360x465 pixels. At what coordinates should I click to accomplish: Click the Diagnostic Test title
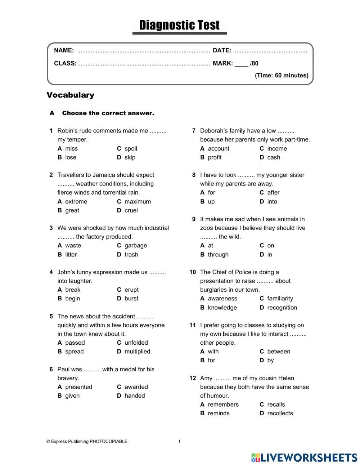[x=179, y=25]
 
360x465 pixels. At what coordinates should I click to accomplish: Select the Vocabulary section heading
[x=70, y=95]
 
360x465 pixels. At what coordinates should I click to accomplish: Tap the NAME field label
[x=64, y=50]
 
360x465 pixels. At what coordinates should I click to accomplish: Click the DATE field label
[x=222, y=50]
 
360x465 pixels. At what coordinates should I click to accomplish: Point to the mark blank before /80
[x=241, y=64]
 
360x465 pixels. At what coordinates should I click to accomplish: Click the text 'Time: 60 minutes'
[x=282, y=75]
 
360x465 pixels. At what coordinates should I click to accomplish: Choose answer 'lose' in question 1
[x=71, y=157]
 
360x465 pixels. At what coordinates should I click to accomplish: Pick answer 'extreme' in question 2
[x=76, y=202]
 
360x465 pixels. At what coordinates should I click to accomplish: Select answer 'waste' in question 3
[x=73, y=246]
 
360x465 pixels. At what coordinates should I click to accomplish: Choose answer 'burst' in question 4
[x=131, y=299]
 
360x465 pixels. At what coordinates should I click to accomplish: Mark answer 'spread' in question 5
[x=74, y=352]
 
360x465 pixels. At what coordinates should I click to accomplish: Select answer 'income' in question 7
[x=277, y=149]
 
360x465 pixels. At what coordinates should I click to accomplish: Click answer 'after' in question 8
[x=273, y=193]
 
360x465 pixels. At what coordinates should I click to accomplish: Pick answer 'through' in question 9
[x=218, y=255]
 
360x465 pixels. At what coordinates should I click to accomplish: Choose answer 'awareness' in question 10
[x=222, y=299]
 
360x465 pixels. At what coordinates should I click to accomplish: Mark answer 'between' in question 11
[x=278, y=352]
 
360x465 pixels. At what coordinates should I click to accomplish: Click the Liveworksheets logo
[x=304, y=457]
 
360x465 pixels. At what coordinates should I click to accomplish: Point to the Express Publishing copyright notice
[x=87, y=442]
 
